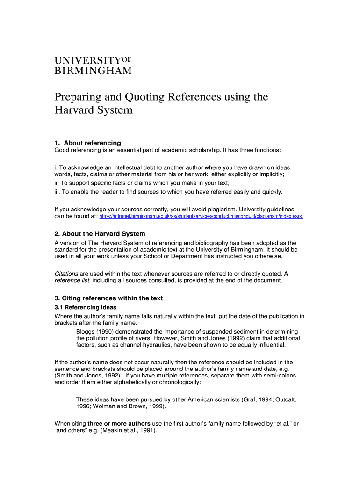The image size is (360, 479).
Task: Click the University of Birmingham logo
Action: coord(93,65)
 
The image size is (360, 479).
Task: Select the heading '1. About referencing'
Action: coord(88,143)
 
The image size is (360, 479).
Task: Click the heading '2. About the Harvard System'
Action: coord(100,233)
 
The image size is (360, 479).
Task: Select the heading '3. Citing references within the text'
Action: coord(109,298)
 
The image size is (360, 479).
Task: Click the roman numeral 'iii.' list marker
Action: coord(58,191)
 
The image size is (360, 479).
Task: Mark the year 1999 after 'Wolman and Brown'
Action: coord(156,406)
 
